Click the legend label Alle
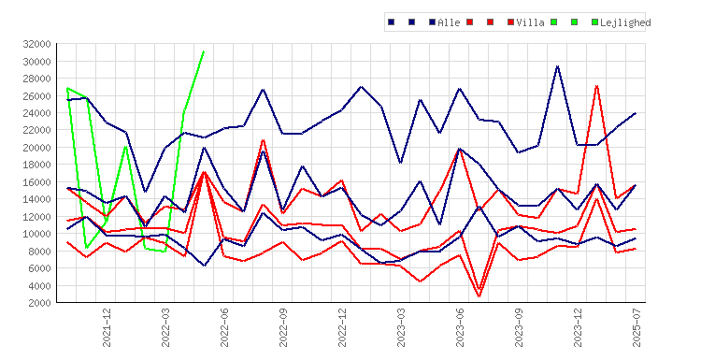[x=449, y=22]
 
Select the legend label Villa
[x=530, y=22]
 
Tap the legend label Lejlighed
[x=625, y=22]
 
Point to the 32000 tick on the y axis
[x=36, y=44]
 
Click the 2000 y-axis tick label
[x=39, y=303]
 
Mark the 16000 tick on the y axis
[x=36, y=182]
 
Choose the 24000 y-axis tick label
[x=36, y=113]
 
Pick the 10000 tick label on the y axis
[x=36, y=234]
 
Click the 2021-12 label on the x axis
[x=107, y=327]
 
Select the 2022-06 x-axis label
[x=224, y=327]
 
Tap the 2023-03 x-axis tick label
[x=401, y=327]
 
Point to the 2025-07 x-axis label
[x=637, y=327]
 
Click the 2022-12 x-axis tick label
[x=342, y=327]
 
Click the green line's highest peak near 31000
[x=204, y=51]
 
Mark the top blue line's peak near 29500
[x=557, y=66]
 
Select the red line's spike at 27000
[x=596, y=86]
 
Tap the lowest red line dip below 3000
[x=479, y=296]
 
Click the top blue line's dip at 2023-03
[x=401, y=163]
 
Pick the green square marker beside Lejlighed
[x=594, y=22]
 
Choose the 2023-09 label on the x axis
[x=519, y=327]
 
